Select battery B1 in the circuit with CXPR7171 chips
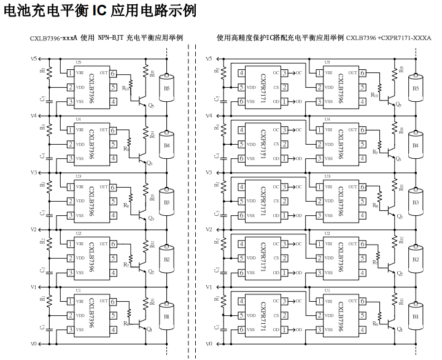416,316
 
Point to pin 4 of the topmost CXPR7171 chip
241,73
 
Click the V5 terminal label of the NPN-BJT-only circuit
34,59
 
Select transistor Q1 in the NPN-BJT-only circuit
144,326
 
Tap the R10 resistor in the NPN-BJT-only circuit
127,87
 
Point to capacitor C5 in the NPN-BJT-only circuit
42,98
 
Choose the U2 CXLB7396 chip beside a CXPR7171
339,259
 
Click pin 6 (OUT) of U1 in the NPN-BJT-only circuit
114,302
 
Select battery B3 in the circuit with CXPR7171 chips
416,202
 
